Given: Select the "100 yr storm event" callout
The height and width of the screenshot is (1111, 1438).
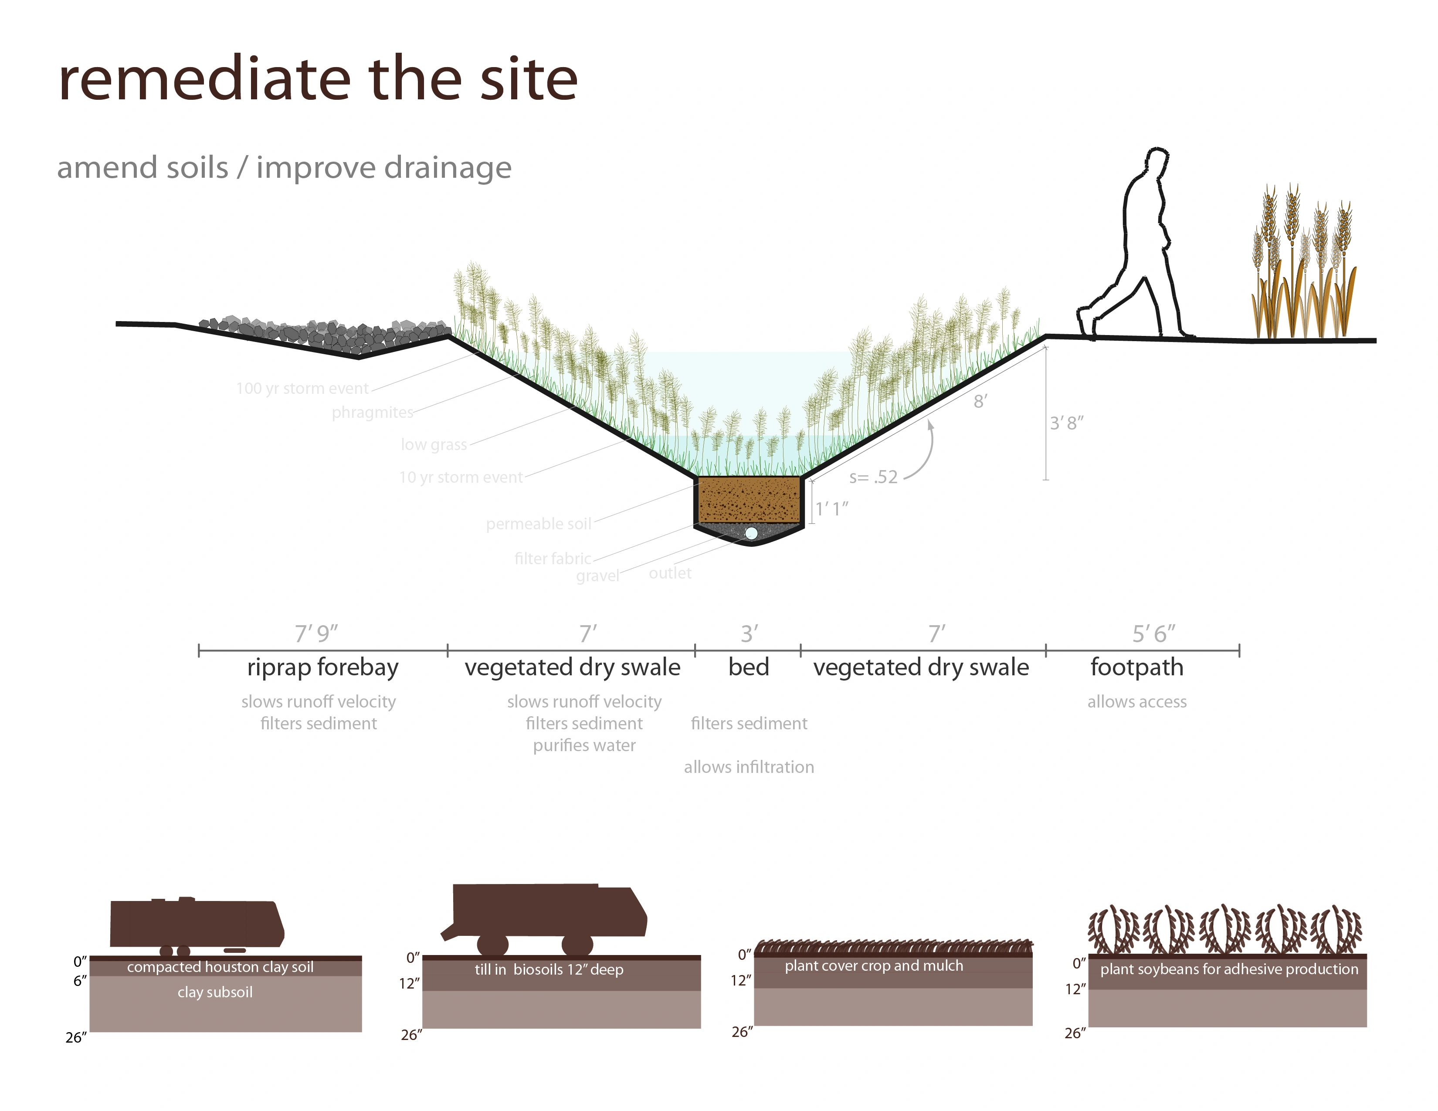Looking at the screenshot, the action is click(302, 388).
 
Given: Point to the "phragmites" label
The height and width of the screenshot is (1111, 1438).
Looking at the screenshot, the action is click(373, 413).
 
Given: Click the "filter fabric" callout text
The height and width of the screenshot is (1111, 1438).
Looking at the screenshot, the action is click(553, 559).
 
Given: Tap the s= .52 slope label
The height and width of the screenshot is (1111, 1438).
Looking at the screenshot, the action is click(873, 477).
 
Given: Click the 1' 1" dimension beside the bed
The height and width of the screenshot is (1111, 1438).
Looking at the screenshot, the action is click(831, 509).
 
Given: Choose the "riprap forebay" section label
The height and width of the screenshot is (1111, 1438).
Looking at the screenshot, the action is click(322, 667).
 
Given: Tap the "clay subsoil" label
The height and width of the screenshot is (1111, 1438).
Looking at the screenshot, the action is click(215, 992).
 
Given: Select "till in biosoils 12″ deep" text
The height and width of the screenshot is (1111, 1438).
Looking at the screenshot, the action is click(549, 969).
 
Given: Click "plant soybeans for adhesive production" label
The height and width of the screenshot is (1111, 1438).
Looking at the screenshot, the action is click(1229, 969).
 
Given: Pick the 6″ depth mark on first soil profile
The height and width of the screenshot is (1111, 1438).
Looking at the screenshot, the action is click(80, 981).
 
